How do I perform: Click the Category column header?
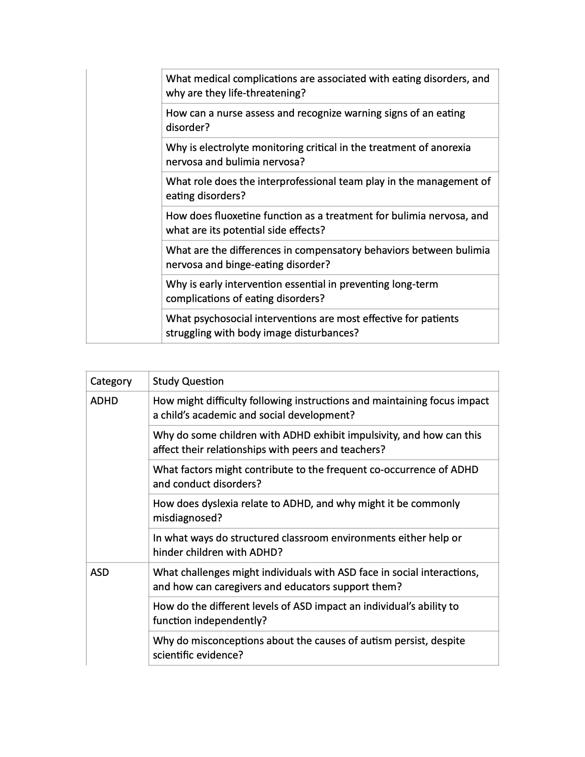[111, 381]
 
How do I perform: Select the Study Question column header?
[188, 381]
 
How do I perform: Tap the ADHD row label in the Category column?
[104, 401]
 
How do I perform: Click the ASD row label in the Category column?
[99, 573]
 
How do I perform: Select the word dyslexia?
[208, 504]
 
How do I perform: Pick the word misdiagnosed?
[187, 518]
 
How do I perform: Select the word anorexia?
[451, 148]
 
